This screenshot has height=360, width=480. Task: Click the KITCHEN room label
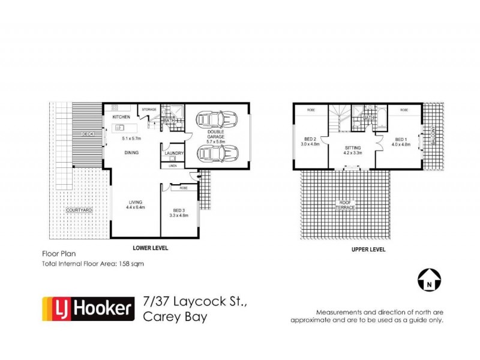(x=122, y=117)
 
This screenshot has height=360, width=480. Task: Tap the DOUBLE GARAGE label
(x=216, y=134)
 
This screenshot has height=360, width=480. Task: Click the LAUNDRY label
(x=174, y=154)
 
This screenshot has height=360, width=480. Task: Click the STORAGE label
(x=149, y=109)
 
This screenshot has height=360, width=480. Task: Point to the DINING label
(x=132, y=153)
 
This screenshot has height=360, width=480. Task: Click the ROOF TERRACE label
(x=344, y=206)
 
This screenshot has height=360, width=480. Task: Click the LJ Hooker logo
(x=88, y=309)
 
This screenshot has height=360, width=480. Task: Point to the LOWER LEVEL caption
(x=150, y=248)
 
